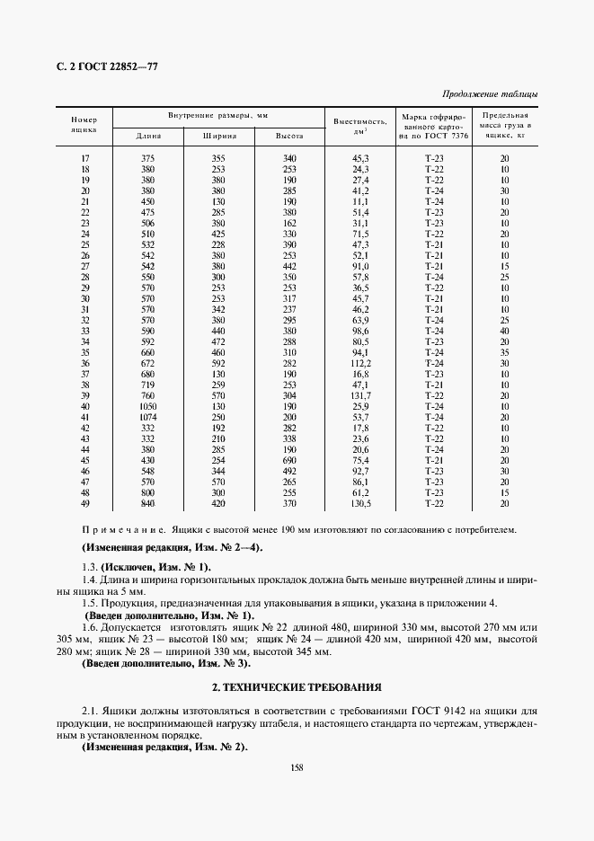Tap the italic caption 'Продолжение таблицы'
pos(491,95)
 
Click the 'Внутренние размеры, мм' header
pos(217,117)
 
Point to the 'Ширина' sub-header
pos(218,136)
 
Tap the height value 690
pos(289,460)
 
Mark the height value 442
pos(289,266)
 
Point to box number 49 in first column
pos(85,503)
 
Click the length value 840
pos(147,503)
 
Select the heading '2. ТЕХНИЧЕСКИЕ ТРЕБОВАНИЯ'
pos(296,687)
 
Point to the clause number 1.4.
pos(90,581)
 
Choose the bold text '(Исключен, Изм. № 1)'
pos(157,567)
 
